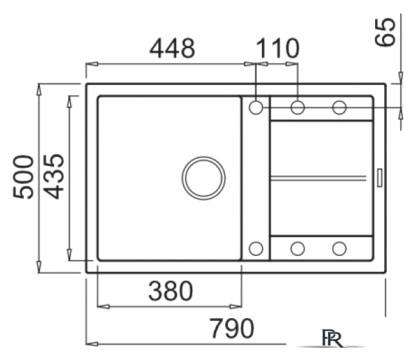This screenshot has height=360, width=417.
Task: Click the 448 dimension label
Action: click(172, 48)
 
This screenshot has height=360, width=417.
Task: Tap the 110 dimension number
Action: click(277, 48)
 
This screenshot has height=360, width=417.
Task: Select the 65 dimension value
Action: click(385, 32)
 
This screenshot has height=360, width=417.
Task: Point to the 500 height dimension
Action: click(23, 177)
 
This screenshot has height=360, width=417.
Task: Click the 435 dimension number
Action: click(53, 177)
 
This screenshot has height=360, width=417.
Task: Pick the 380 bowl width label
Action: click(171, 291)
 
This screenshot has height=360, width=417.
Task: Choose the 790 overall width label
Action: click(232, 328)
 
